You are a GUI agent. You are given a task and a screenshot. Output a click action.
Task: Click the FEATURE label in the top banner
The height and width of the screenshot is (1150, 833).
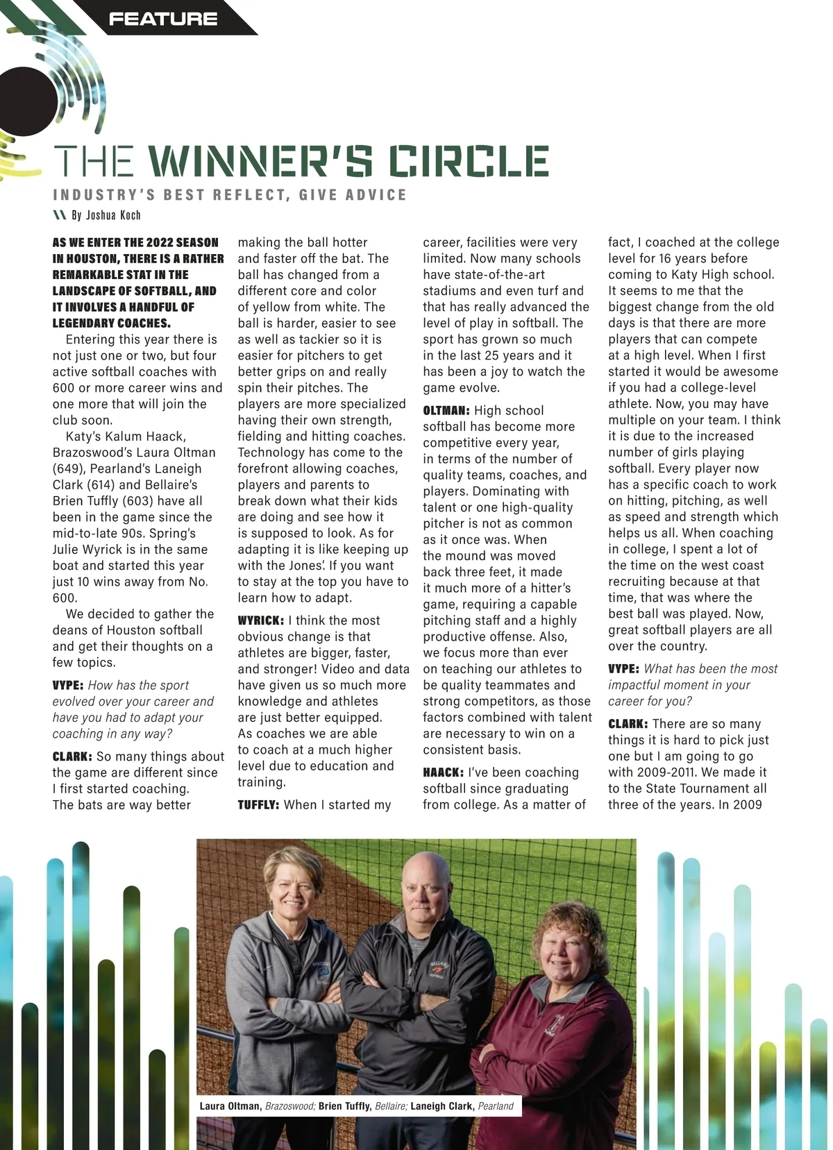tap(163, 19)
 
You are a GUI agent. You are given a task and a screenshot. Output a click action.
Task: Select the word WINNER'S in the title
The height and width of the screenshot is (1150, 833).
tap(261, 161)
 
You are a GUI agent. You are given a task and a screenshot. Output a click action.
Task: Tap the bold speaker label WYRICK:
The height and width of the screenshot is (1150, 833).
tap(260, 620)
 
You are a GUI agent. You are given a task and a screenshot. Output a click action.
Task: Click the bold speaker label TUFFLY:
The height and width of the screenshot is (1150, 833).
tap(258, 805)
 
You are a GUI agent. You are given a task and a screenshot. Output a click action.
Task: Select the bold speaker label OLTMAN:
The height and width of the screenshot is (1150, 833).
tap(446, 411)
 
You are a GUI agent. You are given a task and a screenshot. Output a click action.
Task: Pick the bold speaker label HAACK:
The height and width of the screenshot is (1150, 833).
tap(443, 772)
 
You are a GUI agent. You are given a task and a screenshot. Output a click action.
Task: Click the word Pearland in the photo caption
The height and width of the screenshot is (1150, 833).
tap(496, 1106)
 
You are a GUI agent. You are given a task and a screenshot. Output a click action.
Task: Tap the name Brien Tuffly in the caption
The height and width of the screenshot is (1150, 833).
tap(345, 1106)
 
